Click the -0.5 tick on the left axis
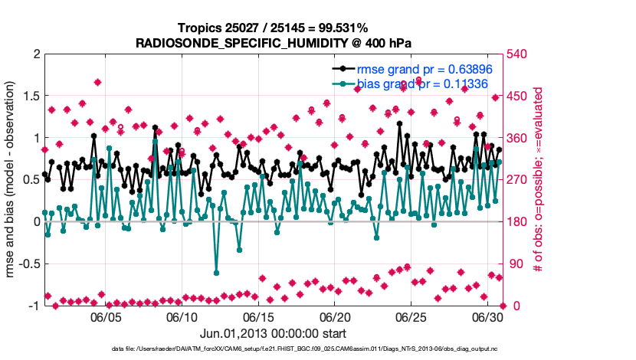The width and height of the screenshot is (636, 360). point(28,264)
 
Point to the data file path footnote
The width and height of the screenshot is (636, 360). point(314,349)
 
